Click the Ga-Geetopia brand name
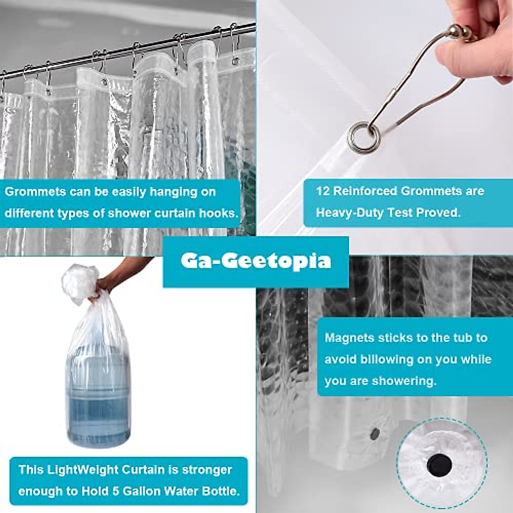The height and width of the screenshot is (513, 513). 256,261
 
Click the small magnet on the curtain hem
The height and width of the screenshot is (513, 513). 374,434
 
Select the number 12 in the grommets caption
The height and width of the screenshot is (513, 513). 323,191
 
